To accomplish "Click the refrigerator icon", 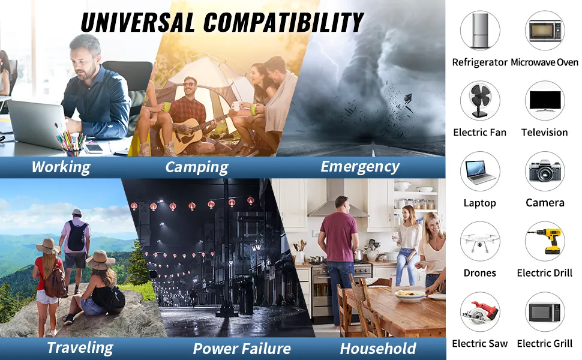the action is pos(480,30).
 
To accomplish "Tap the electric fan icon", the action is pos(479,100).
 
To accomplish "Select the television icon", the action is pos(545,101).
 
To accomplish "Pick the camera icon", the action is pos(545,171).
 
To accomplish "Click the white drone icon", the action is pos(480,242).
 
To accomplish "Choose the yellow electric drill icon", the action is pos(545,241).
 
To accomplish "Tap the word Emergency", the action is pos(360,167).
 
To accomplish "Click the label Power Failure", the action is pos(242,349).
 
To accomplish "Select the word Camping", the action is pos(197,167).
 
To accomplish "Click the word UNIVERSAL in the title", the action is pos(138,22).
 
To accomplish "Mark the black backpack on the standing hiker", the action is pos(77,236).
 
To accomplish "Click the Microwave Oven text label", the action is pos(544,62).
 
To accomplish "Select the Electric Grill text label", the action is pos(545,344).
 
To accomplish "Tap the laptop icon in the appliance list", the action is pos(480,172).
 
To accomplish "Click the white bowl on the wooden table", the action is pos(410,295).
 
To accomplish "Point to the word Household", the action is pos(378,349).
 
